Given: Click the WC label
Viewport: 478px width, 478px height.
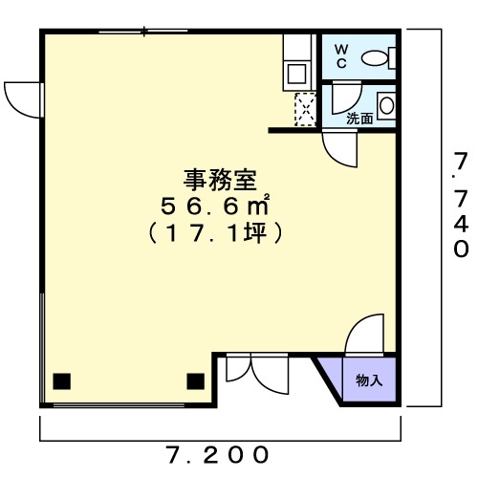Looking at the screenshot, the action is coord(341,56).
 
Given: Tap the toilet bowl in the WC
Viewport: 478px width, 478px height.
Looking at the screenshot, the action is coord(375,58).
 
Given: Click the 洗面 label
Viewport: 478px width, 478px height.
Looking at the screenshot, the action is coord(359,119).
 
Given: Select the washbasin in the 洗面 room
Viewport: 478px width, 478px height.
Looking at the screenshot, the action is coord(386,105).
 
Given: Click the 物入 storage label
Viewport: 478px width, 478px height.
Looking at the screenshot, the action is coord(369,380).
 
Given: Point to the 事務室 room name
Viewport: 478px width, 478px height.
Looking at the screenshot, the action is coord(220,181).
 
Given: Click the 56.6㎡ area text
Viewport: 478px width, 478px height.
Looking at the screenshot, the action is coord(215,206).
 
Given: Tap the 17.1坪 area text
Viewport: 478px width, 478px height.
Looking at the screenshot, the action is coord(215,233).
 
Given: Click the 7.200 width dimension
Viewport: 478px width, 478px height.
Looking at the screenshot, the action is coord(217,455).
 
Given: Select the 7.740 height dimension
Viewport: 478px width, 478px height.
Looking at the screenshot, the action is coord(461,205).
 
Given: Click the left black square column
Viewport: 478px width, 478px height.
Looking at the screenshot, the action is coord(61,381).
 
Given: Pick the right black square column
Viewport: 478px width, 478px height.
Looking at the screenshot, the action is coord(195,381).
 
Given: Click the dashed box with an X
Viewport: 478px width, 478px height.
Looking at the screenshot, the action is coord(305,109).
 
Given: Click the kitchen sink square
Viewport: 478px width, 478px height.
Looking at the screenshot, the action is coord(296,74).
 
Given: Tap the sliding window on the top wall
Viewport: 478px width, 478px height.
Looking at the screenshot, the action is coord(143,32).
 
